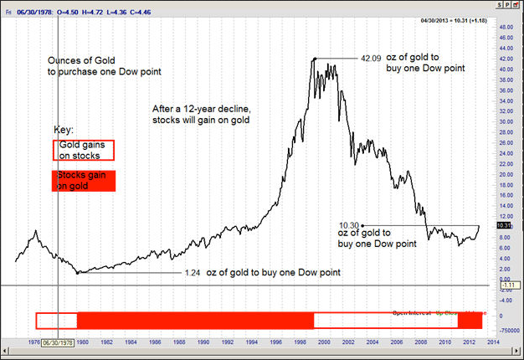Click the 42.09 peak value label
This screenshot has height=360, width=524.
pyautogui.click(x=371, y=59)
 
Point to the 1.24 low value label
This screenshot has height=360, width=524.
pyautogui.click(x=193, y=273)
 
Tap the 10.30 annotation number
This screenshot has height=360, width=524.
pyautogui.click(x=349, y=224)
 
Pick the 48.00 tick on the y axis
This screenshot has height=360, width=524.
pyautogui.click(x=505, y=26)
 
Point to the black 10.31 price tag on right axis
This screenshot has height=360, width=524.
pyautogui.click(x=504, y=225)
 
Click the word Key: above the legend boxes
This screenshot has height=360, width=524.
pyautogui.click(x=64, y=131)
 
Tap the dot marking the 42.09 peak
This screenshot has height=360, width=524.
pyautogui.click(x=314, y=59)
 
